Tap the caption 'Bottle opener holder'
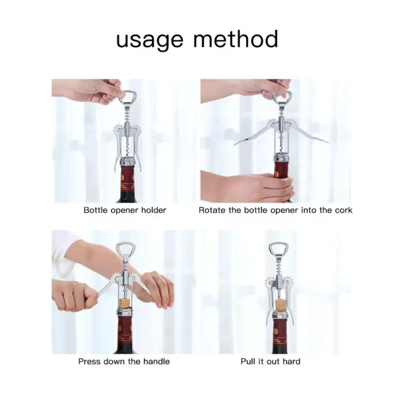(x=125, y=210)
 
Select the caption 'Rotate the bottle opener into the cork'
(x=275, y=210)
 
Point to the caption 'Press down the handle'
(x=124, y=361)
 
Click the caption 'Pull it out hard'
(x=270, y=361)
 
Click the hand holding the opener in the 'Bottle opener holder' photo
(x=91, y=90)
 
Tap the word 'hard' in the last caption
(x=291, y=361)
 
